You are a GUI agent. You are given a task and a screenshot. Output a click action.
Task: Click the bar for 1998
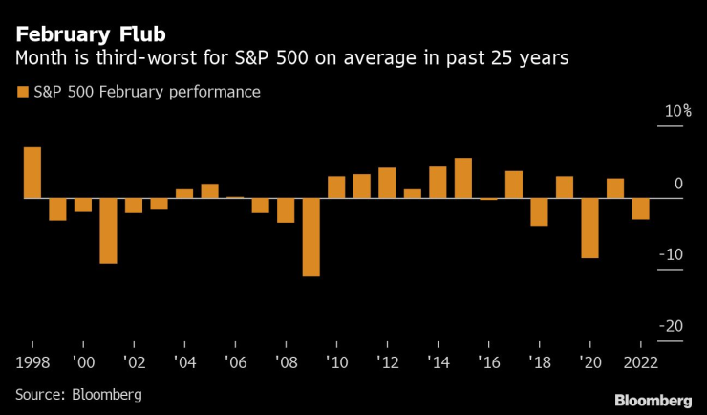[32, 173]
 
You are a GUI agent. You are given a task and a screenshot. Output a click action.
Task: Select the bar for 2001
[108, 230]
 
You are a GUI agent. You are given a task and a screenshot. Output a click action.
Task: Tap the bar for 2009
[311, 237]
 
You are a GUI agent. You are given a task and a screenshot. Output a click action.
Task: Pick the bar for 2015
[463, 178]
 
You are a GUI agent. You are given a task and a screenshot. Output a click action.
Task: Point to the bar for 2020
[589, 228]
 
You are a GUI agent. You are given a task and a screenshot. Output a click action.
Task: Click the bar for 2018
[539, 211]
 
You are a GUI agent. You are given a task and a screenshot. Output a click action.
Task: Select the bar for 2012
[387, 183]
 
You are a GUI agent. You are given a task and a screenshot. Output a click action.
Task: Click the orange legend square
[21, 93]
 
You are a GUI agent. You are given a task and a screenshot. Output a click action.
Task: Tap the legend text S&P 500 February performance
[146, 93]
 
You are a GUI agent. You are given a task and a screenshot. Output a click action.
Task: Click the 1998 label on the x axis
[32, 363]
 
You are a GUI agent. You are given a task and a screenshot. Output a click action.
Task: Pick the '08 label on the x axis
[285, 363]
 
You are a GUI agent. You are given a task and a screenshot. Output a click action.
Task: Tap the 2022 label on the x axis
[640, 363]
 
